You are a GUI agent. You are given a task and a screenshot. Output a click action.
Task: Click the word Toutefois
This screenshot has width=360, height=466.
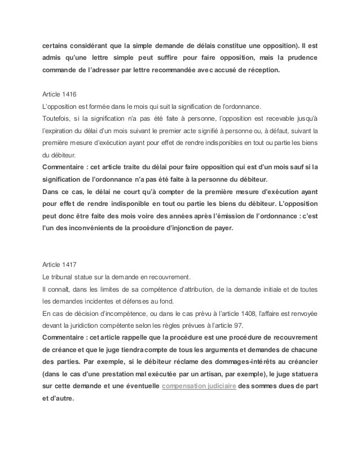(55, 118)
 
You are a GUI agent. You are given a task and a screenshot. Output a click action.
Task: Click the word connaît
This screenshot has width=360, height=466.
(55, 289)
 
